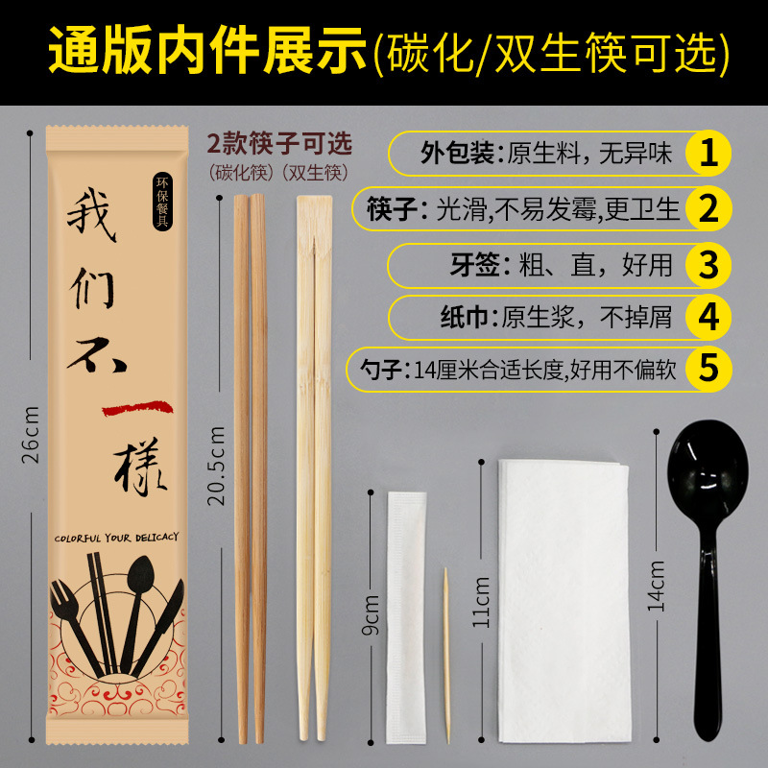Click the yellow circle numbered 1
click(708, 153)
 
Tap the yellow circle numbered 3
click(708, 265)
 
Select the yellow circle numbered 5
click(708, 369)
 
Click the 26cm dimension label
click(31, 436)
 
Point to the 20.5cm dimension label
click(216, 466)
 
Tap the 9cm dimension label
click(371, 615)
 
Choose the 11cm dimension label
click(481, 603)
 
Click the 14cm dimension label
click(657, 587)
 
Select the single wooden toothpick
click(446, 656)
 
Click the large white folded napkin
click(564, 602)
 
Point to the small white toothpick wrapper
click(406, 618)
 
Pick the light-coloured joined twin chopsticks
click(314, 468)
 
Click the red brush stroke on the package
click(137, 409)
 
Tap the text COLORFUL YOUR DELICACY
click(116, 538)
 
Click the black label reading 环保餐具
click(162, 202)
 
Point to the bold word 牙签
click(474, 265)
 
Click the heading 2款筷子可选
click(279, 143)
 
